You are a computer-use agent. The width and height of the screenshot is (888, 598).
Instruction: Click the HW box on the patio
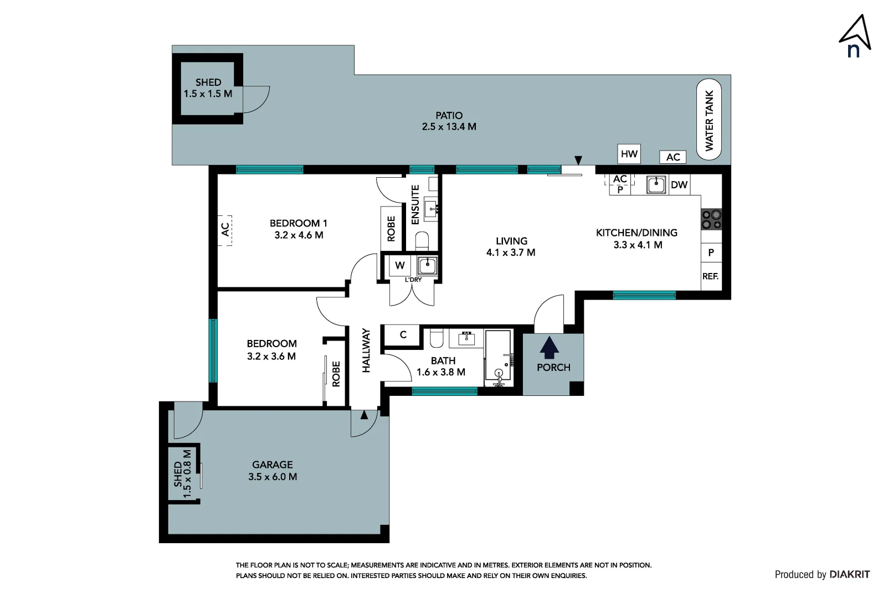point(629,154)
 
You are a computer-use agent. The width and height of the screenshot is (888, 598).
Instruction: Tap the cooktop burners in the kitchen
point(711,220)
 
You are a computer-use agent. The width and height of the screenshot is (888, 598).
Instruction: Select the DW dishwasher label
point(679,185)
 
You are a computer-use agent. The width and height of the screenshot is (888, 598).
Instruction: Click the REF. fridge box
point(711,276)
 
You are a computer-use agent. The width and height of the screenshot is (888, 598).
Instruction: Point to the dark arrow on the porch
point(549,348)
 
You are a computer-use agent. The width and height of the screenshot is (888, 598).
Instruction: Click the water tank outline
point(709,119)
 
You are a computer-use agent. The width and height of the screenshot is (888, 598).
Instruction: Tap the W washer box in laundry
point(399,265)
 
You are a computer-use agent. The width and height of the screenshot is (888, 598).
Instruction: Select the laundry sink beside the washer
point(427,266)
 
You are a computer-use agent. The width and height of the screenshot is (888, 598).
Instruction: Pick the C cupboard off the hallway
point(402,335)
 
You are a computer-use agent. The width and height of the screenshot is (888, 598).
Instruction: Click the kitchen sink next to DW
point(656,185)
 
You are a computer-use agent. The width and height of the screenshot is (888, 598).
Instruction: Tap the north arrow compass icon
point(855,37)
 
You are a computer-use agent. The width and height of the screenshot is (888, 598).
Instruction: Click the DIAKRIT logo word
point(850,574)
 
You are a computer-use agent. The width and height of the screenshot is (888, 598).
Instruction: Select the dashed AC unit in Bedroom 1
point(225,230)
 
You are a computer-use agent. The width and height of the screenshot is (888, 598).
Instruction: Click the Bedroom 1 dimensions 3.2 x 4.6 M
point(299,235)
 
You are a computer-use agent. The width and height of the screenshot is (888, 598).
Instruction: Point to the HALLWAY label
point(366,350)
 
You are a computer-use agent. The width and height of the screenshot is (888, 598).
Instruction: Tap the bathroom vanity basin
point(466,338)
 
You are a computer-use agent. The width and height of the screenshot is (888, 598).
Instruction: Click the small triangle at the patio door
point(578,160)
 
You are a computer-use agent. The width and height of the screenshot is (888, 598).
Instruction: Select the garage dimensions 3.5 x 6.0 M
point(273,477)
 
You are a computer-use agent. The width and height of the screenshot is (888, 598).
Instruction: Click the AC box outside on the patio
point(673,157)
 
